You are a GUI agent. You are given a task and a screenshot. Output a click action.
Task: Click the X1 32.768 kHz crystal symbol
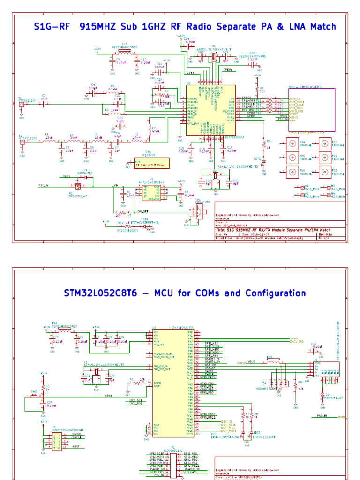pyautogui.click(x=213, y=57)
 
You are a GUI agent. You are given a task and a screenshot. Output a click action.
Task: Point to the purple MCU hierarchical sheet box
pyautogui.click(x=311, y=110)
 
